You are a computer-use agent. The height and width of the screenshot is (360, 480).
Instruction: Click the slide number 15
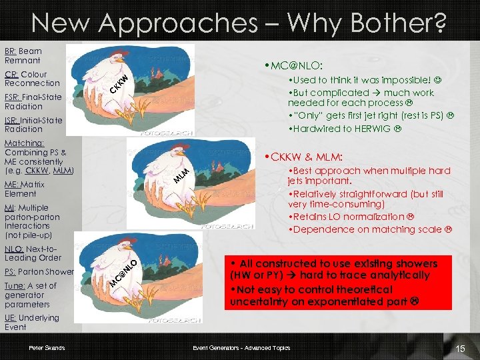[459, 349]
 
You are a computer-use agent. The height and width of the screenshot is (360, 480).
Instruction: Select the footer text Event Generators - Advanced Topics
[241, 348]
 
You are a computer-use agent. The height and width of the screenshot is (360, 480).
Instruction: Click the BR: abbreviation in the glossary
[10, 51]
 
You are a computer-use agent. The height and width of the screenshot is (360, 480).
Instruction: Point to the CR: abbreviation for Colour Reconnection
[11, 75]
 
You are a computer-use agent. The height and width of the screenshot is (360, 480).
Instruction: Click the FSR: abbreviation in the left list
[13, 97]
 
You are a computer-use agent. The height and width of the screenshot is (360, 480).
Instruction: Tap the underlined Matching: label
[24, 143]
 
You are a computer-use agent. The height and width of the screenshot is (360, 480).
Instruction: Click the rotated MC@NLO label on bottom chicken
[124, 275]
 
